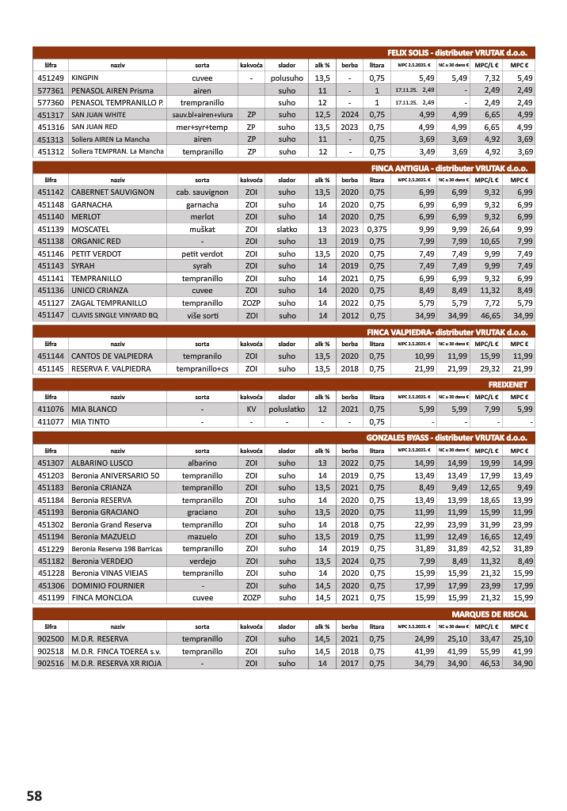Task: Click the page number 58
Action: [34, 795]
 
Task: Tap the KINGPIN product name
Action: [85, 78]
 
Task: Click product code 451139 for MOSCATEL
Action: [51, 229]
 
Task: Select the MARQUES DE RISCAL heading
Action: [489, 614]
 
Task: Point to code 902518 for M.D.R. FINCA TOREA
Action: [51, 651]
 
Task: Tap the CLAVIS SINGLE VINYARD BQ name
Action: [115, 315]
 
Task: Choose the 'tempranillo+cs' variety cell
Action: [202, 369]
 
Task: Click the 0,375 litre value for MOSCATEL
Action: [377, 229]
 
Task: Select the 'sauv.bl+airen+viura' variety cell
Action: [202, 115]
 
